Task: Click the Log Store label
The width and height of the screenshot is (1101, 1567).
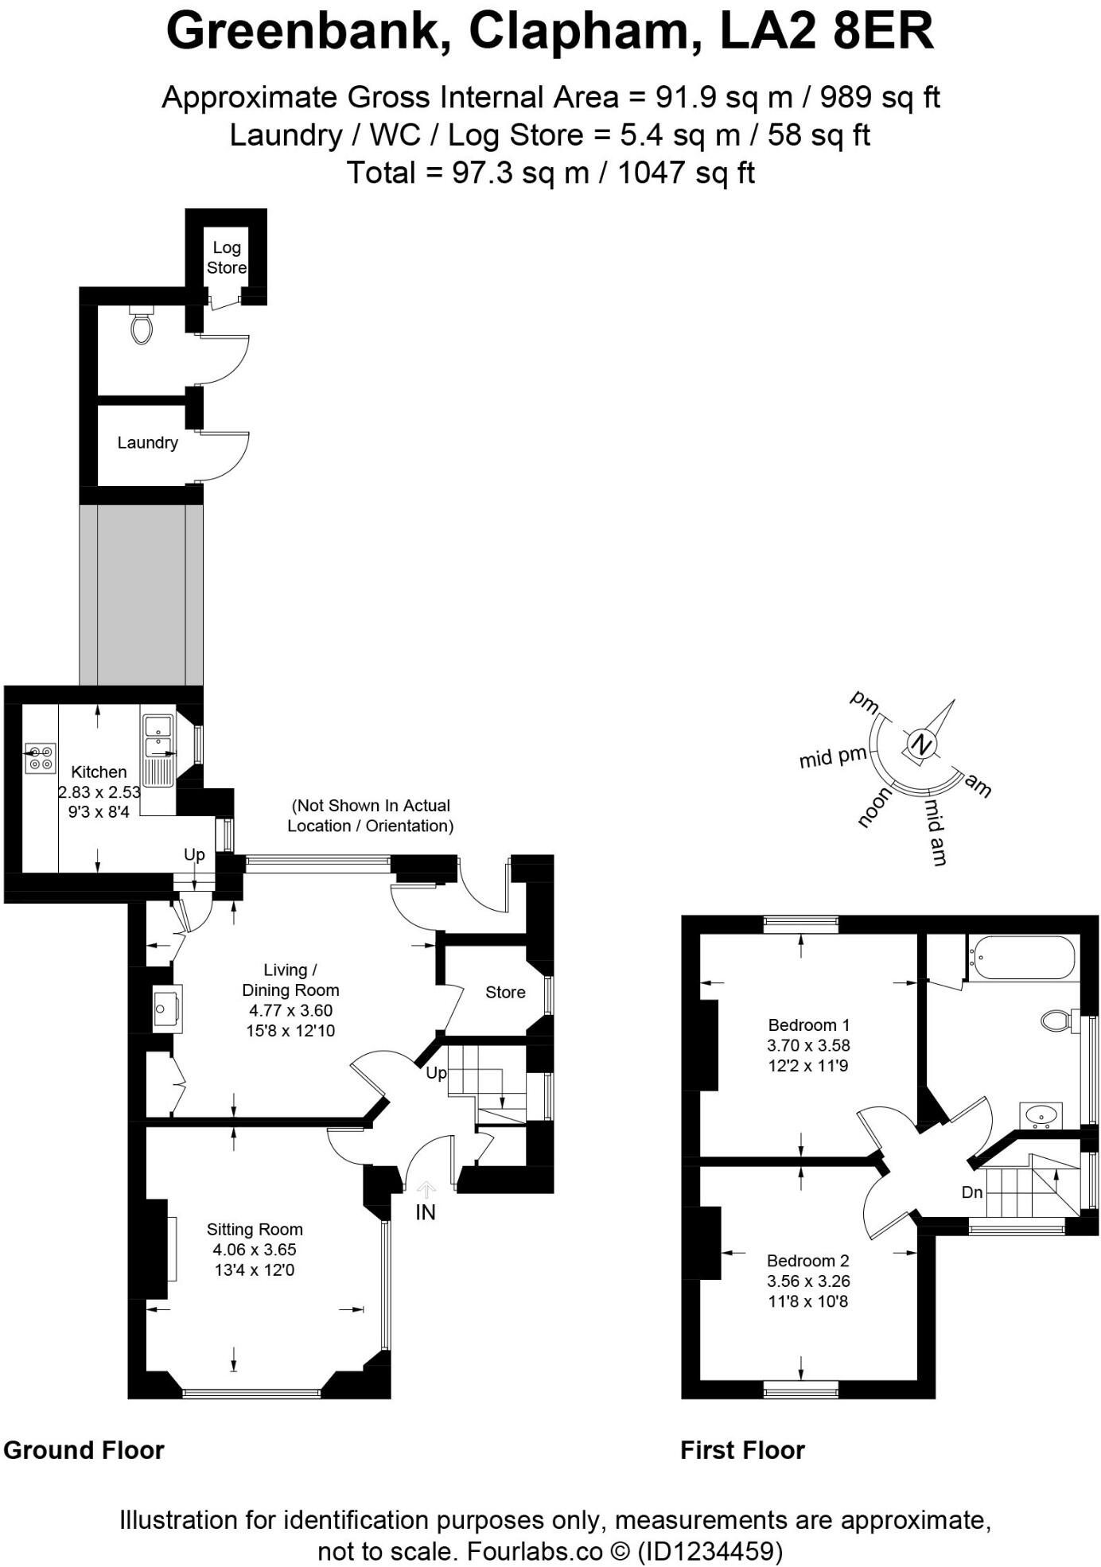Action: coord(227,258)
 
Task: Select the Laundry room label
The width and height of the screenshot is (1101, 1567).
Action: coord(147,443)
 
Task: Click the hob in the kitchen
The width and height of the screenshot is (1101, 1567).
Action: coord(40,757)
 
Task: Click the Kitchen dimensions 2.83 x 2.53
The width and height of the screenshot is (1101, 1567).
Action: coord(99,792)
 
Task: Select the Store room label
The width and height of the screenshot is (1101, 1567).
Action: coord(505,992)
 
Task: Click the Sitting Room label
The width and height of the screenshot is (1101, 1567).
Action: coord(255,1229)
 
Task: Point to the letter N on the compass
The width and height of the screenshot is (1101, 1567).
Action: coord(921,745)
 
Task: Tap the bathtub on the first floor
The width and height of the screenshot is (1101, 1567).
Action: coord(1021,958)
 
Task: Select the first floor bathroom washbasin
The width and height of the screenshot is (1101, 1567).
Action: coord(1041,1115)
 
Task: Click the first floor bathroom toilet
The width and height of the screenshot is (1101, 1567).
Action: coord(1056,1021)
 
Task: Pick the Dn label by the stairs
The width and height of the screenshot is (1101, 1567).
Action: coord(972,1192)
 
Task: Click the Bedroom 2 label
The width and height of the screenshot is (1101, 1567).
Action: coord(807,1261)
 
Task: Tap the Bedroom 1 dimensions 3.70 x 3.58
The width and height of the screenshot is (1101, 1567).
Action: coord(808,1045)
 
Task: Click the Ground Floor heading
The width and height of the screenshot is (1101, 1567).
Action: coord(84,1450)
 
